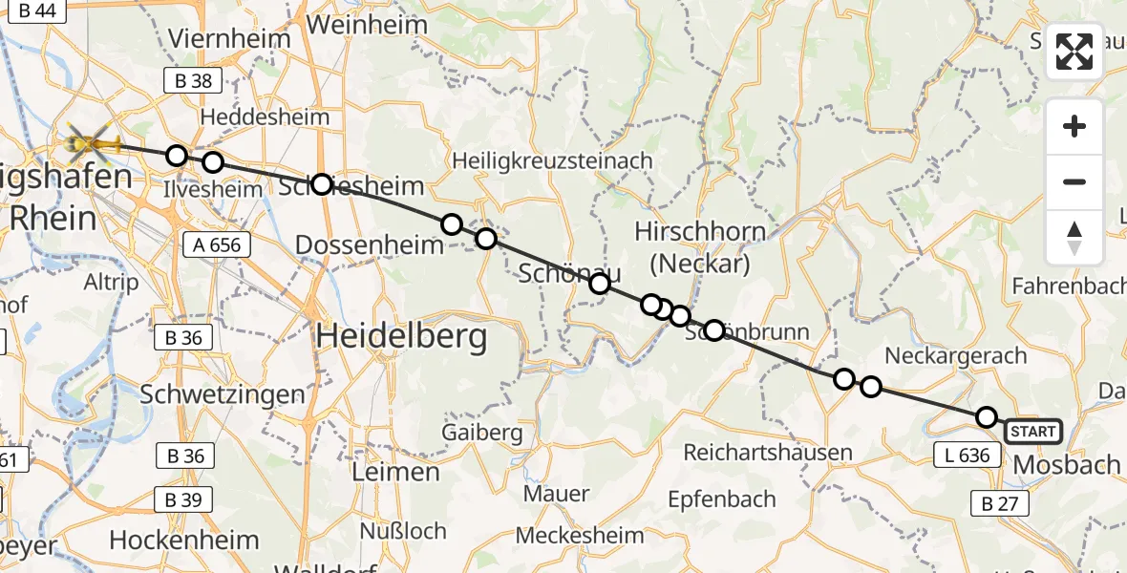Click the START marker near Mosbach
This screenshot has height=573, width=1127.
pos(1032,432)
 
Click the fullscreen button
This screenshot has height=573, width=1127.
pos(1074,52)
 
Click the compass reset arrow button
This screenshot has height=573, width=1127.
pos(1074,238)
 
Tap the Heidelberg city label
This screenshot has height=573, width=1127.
pos(401,336)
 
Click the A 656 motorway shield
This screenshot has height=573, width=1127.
pos(217,245)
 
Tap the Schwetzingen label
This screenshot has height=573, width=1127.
pos(223,393)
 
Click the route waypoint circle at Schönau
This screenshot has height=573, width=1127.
pos(599,283)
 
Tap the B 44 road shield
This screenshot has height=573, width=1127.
pos(36,11)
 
